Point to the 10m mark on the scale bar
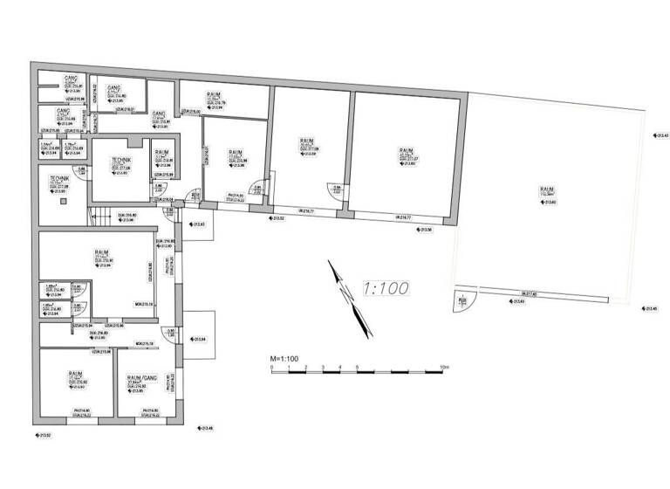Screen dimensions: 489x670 (445, 367)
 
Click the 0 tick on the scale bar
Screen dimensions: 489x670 (273, 367)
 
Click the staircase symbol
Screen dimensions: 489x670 (103, 217)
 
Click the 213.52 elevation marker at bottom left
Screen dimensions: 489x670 (42, 433)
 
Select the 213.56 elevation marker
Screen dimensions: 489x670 (423, 230)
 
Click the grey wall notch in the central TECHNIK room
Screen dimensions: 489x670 (132, 142)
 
